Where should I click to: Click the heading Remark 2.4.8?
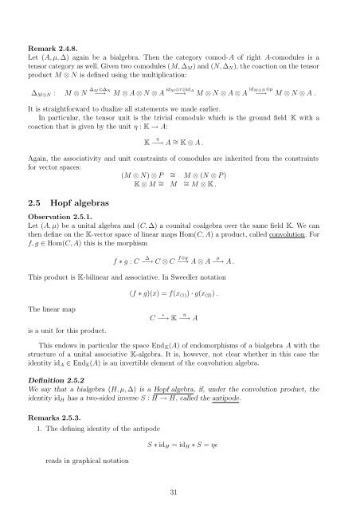coord(54,36)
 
